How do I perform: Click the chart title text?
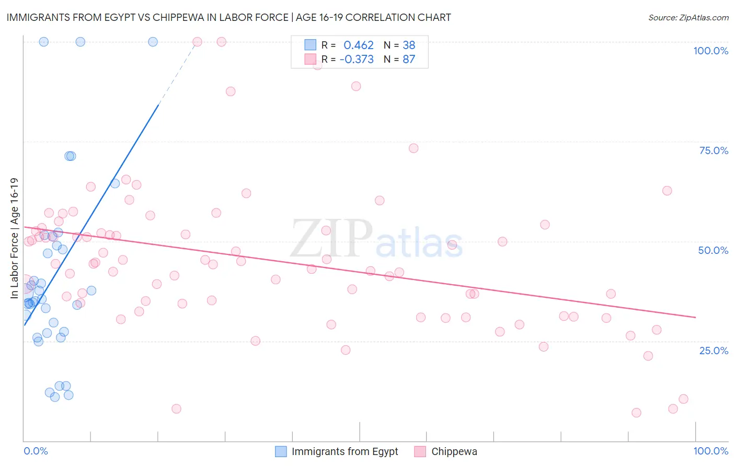228,17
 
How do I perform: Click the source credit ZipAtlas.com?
688,17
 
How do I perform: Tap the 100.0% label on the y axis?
710,51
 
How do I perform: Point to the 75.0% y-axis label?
714,150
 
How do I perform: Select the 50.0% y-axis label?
713,250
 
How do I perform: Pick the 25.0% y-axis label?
714,350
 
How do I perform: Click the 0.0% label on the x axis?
36,451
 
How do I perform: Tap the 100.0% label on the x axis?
710,451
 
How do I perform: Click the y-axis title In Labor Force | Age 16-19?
14,238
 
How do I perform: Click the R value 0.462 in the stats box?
359,45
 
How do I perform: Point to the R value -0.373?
357,59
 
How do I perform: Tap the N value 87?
409,59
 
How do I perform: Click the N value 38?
409,45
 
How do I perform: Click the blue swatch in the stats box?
311,45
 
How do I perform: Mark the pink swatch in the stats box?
311,59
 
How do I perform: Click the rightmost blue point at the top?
153,42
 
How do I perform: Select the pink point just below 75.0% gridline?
414,148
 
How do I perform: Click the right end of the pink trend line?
695,317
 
